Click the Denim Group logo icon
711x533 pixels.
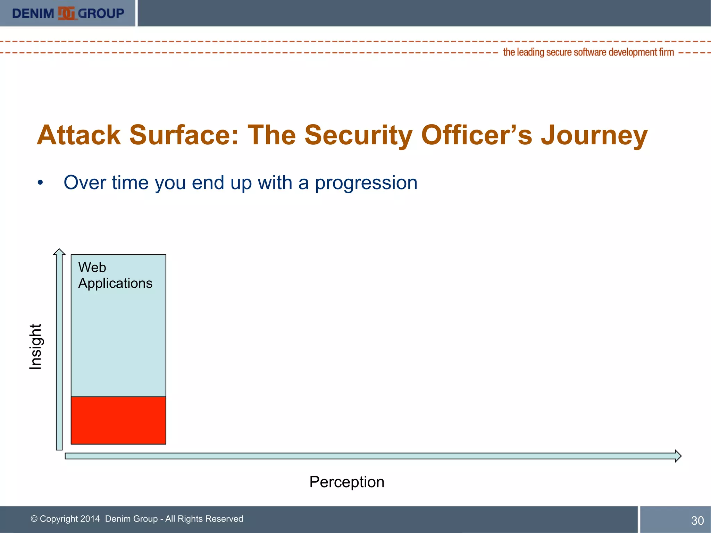click(x=66, y=13)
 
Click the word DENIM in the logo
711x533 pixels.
click(x=33, y=14)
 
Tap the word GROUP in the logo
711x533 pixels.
click(x=101, y=14)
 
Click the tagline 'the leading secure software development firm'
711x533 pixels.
click(x=588, y=52)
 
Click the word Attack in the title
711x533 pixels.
click(x=79, y=135)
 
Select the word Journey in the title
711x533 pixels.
click(x=594, y=135)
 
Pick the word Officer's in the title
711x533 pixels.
click(x=476, y=135)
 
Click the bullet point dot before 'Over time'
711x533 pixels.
click(x=41, y=183)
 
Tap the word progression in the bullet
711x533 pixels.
click(x=366, y=183)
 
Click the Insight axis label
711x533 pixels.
click(x=35, y=347)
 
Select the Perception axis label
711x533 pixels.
click(x=347, y=482)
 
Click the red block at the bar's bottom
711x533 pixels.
click(x=118, y=420)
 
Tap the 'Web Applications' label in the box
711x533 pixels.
click(x=115, y=276)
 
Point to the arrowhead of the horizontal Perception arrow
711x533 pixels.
click(x=678, y=456)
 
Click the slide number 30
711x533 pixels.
click(x=697, y=521)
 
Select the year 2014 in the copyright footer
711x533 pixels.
click(x=90, y=519)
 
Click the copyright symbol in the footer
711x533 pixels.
click(x=34, y=519)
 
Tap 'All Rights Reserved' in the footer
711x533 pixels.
click(x=204, y=519)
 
